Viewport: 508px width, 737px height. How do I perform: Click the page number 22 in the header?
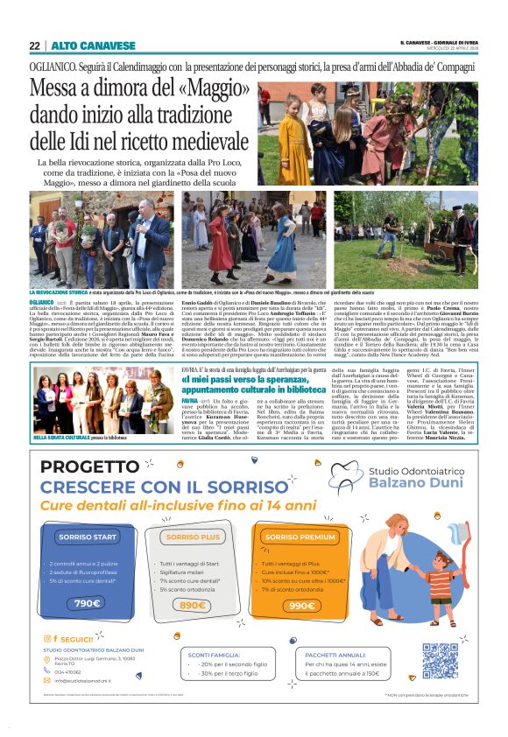34,46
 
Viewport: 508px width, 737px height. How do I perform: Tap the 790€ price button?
87,603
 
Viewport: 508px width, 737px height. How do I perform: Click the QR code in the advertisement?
440,659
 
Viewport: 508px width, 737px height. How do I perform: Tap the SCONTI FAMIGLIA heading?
215,653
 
